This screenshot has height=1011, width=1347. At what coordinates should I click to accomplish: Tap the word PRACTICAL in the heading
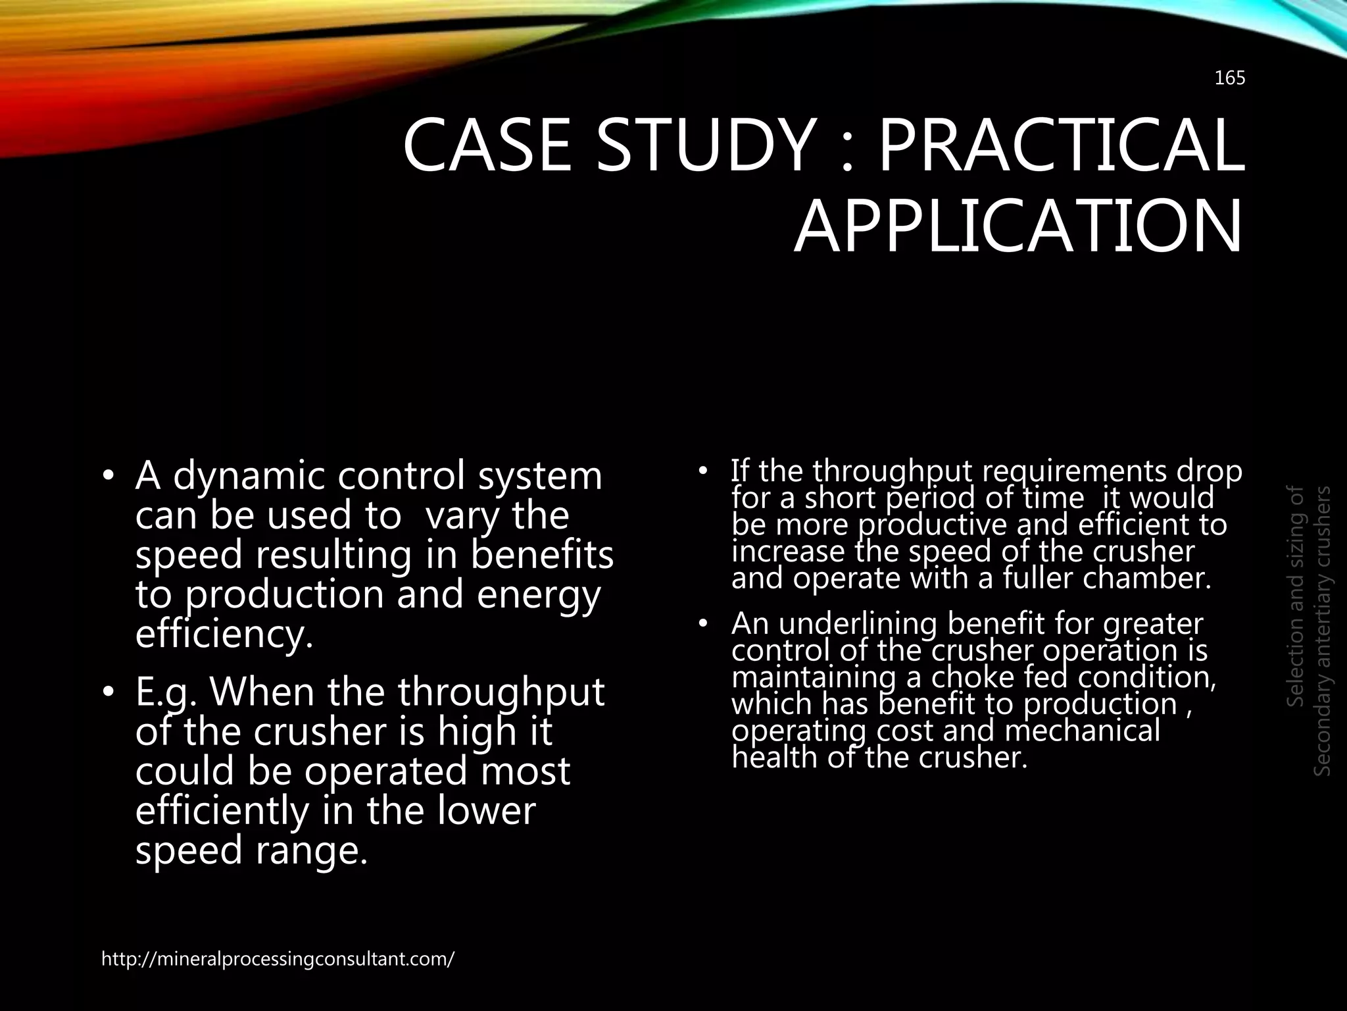(1060, 145)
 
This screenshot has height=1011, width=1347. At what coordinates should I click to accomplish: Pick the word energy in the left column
(539, 595)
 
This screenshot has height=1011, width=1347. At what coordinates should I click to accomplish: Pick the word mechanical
(1083, 731)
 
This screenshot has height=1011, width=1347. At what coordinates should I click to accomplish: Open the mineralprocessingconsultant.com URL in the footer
(278, 959)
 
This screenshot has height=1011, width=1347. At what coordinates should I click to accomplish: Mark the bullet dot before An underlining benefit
(702, 623)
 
